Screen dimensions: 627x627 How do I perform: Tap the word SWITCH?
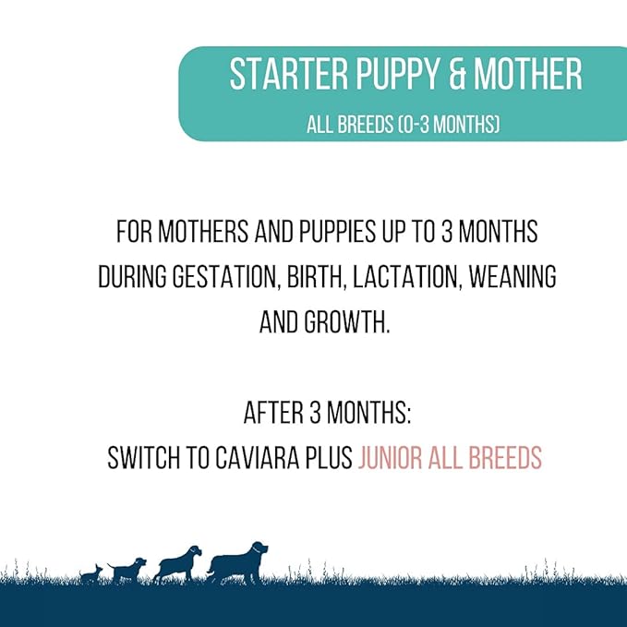[x=139, y=458]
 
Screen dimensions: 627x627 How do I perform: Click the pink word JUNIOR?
[x=392, y=458]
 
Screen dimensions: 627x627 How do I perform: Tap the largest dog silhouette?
[x=238, y=562]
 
